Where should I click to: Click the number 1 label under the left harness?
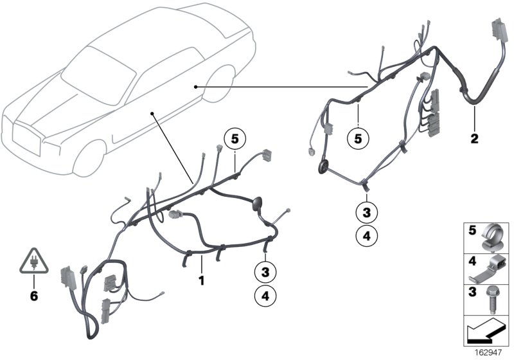(x=201, y=280)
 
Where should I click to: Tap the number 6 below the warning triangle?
(x=34, y=296)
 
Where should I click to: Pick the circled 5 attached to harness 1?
(x=235, y=138)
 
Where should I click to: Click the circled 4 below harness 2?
(x=365, y=236)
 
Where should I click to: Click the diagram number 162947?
(x=491, y=354)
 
